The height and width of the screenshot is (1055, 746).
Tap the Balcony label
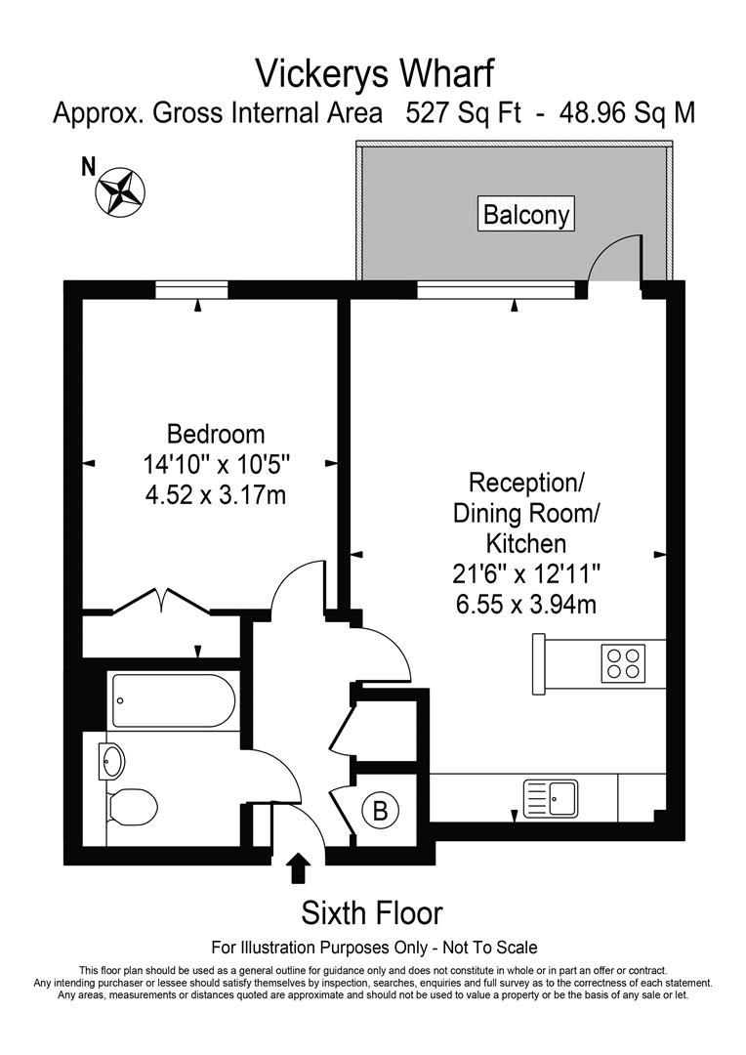point(526,214)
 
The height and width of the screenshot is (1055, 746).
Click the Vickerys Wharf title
point(374,72)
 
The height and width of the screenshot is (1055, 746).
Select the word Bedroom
point(216,433)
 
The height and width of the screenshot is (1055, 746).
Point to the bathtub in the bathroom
point(172,700)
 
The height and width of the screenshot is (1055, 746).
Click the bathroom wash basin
point(113,759)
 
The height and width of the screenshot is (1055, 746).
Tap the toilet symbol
point(132,807)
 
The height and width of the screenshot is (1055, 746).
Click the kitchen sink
point(552,796)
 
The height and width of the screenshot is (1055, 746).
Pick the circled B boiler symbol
point(380,810)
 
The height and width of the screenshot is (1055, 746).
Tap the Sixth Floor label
point(372,913)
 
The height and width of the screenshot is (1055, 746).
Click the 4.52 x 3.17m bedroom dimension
point(215,495)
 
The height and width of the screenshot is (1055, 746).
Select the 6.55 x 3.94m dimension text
point(525,605)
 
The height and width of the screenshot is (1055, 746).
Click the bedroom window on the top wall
point(191,289)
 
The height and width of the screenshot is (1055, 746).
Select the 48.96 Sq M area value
point(627,113)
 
